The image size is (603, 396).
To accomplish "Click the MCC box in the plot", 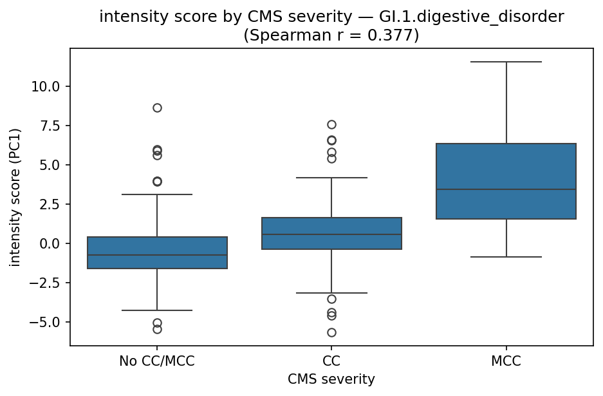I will point(506,181).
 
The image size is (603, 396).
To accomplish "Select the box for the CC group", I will point(331,233).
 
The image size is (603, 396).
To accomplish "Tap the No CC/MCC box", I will point(157,252).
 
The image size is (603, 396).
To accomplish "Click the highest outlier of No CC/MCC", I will point(157,108).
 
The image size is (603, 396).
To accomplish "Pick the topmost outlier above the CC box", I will point(331,124).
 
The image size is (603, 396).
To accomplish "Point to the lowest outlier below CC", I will point(331,332).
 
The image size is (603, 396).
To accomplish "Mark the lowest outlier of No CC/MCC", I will point(157,329).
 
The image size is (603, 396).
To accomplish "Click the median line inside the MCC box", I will point(506,189).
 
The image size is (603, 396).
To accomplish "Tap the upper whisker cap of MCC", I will point(506,62).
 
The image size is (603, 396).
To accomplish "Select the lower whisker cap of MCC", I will point(506,257).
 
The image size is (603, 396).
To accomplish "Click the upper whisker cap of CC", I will point(331,177).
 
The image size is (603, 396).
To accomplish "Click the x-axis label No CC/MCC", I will point(157,361).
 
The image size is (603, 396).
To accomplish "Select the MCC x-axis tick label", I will point(506,361).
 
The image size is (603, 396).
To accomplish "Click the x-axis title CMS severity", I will point(331,379).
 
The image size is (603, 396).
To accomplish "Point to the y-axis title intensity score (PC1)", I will point(15,197).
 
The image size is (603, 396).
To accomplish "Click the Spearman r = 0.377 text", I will point(331,35).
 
